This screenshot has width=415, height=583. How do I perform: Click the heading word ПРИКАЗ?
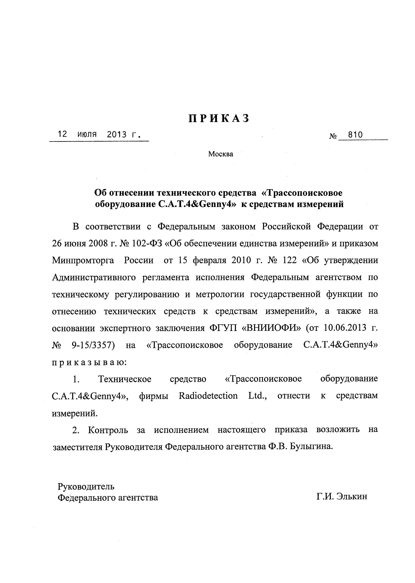(219, 119)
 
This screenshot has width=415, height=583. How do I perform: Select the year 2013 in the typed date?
(117, 134)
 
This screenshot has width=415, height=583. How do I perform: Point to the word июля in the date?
(87, 134)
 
